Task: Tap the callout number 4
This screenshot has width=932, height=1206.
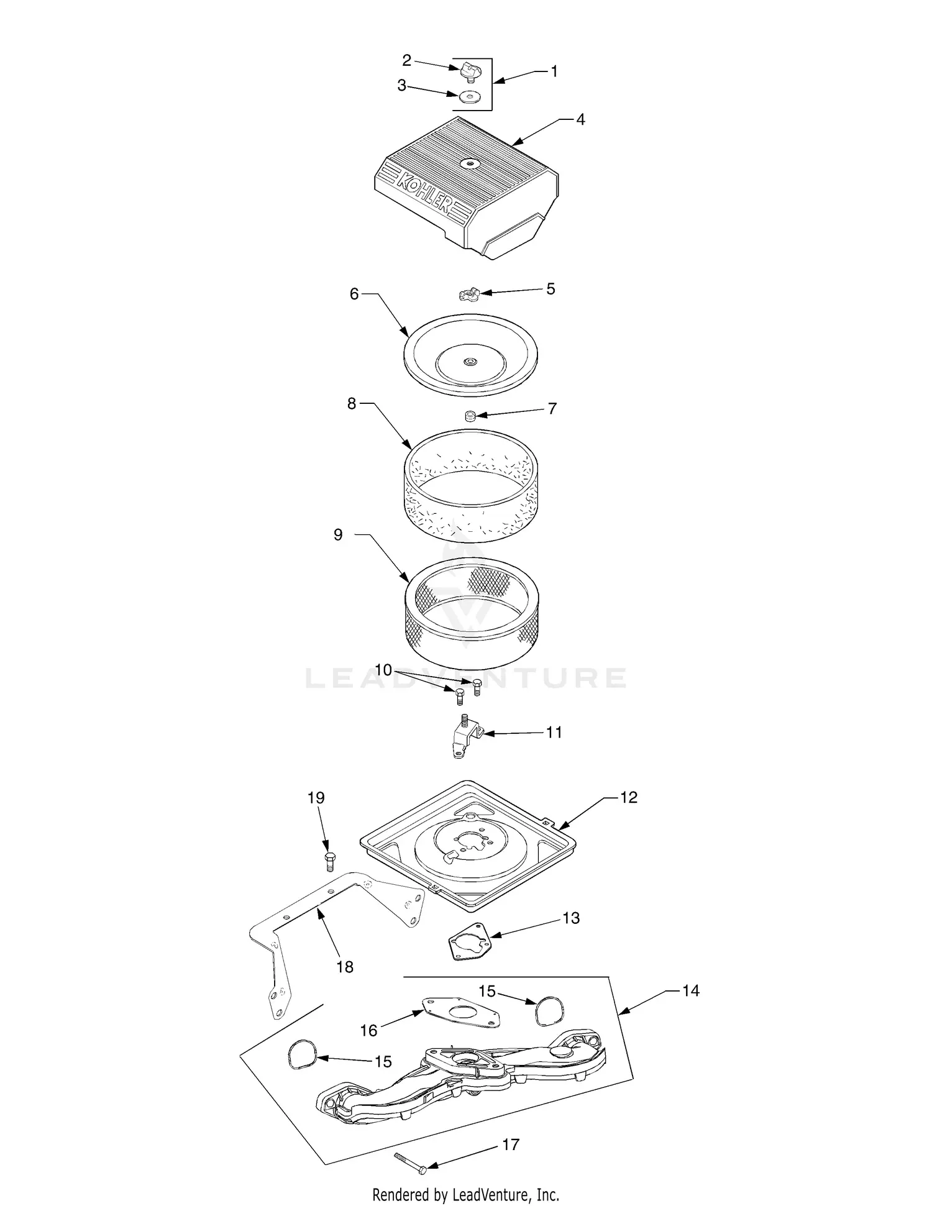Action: [x=580, y=119]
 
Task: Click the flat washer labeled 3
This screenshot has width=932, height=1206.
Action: [x=470, y=98]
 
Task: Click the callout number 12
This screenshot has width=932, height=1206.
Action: [x=629, y=797]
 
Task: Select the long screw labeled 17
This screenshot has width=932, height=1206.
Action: [x=410, y=1161]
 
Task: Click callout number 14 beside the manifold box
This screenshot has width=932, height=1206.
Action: [x=690, y=990]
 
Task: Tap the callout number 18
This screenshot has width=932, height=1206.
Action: [x=345, y=966]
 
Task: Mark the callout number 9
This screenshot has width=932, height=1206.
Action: [x=338, y=534]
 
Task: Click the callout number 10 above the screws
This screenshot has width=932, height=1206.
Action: [x=383, y=670]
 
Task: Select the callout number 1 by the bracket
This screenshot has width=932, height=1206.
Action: [x=554, y=71]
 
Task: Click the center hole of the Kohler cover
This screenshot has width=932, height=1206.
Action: [x=469, y=163]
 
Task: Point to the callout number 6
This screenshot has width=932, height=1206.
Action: [x=354, y=294]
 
